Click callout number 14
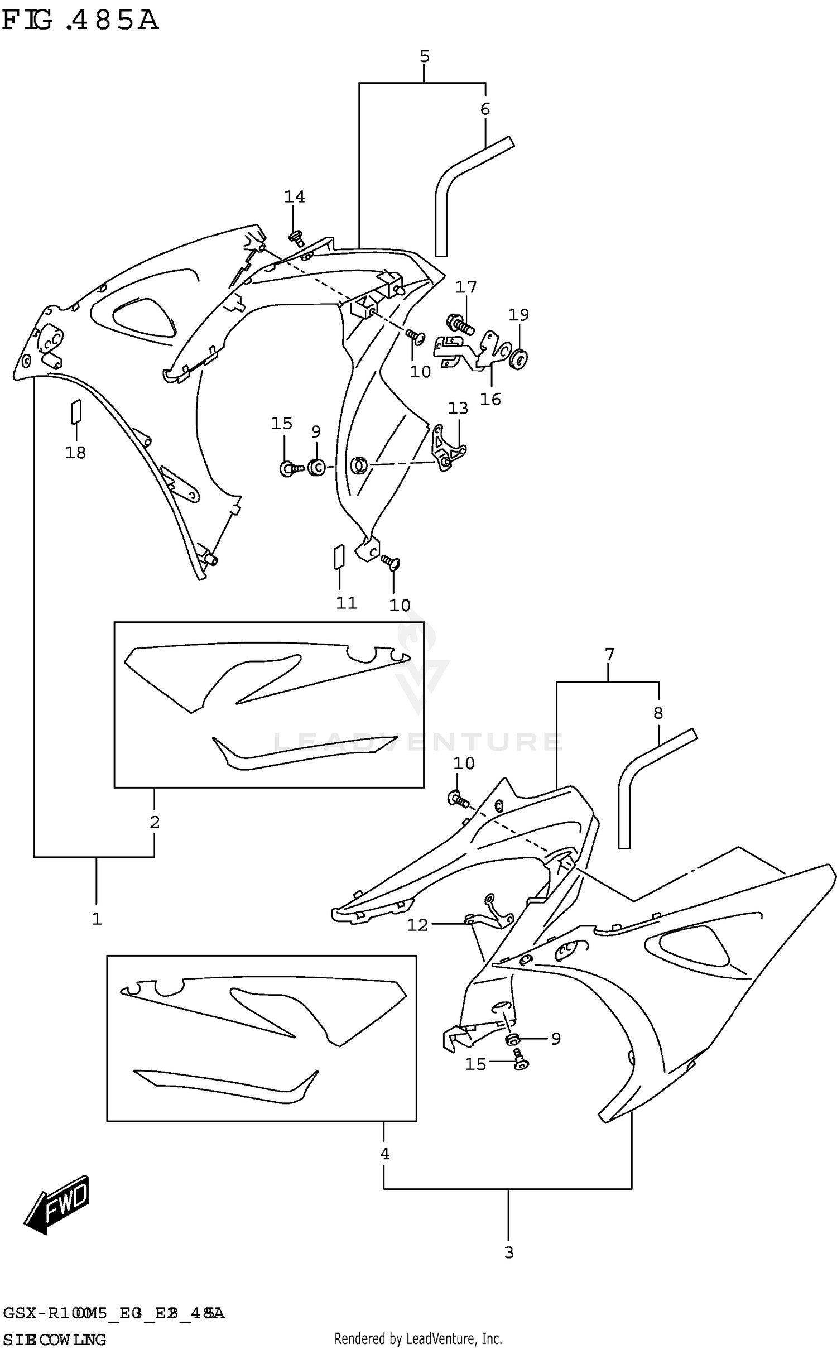pos(295,197)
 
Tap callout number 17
pos(466,287)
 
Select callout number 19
pos(518,315)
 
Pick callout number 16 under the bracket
pos(490,399)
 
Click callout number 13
pos(458,409)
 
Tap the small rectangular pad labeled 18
pos(76,412)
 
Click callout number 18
pos(76,453)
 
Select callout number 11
pos(346,603)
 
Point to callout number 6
pos(485,109)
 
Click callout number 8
pos(658,713)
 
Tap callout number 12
pos(417,925)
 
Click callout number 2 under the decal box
pos(155,822)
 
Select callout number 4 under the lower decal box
pos(384,1154)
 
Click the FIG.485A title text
pos(81,21)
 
